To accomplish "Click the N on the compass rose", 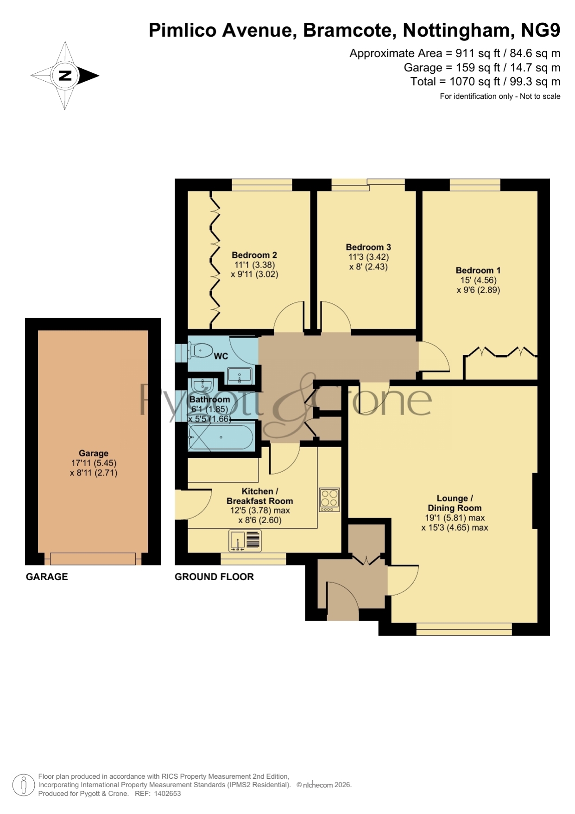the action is (x=65, y=75).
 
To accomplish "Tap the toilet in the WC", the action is (x=200, y=351).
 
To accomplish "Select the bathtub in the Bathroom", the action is (x=221, y=437).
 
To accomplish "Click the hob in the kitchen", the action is (x=329, y=500).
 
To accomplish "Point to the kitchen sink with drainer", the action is (x=245, y=541).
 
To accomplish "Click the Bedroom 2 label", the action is (x=254, y=255).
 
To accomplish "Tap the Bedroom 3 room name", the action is (x=368, y=247).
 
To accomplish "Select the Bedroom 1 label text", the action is (x=478, y=270).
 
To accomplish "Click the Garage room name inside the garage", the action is (x=94, y=453).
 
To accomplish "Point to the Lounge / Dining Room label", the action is (x=455, y=503).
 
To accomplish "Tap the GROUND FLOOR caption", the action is (x=214, y=577).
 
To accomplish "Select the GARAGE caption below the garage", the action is (x=47, y=577).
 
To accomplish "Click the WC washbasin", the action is (x=240, y=375).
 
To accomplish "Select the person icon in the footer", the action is (x=23, y=785).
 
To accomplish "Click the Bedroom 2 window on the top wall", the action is (x=262, y=185).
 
